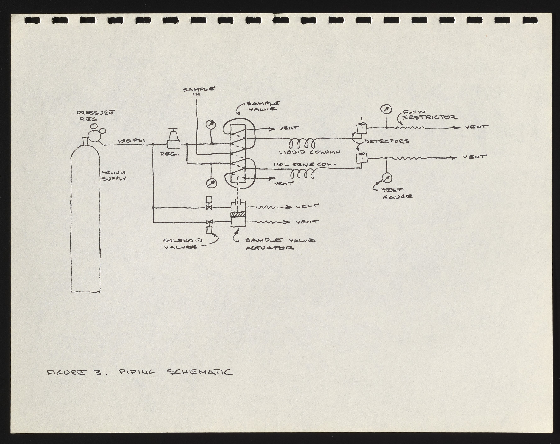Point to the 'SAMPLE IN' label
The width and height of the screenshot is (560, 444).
pos(199,91)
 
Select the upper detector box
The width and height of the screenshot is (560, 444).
pos(362,128)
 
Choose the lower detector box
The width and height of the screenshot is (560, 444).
pos(361,158)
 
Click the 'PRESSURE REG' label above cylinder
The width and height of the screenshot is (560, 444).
pos(95,116)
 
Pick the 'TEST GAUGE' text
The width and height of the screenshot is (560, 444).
pos(397,194)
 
